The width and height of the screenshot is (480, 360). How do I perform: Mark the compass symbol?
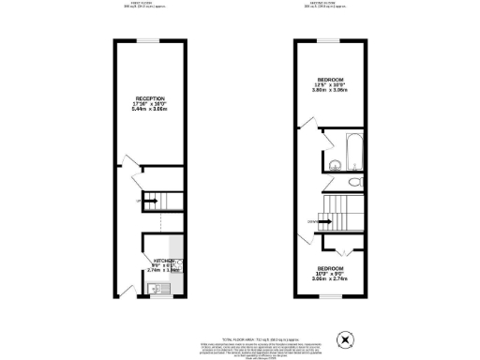click(347, 339)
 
